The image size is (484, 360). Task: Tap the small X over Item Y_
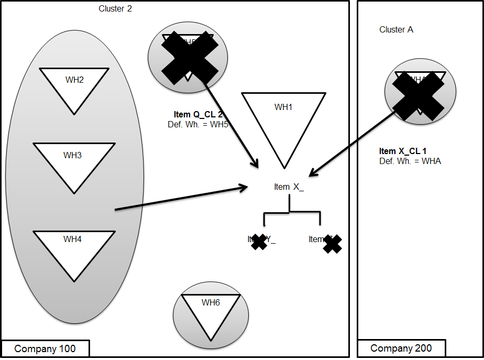258,242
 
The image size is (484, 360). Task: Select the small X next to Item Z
333,244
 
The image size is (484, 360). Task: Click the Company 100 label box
45,349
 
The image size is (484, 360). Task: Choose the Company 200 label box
401,348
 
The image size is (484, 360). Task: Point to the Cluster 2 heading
115,9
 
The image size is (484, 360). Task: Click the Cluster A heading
396,30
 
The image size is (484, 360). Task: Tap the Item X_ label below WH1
289,187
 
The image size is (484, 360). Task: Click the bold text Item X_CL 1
403,151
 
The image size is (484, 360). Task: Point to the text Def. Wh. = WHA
410,161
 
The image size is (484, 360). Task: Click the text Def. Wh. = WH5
194,124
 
